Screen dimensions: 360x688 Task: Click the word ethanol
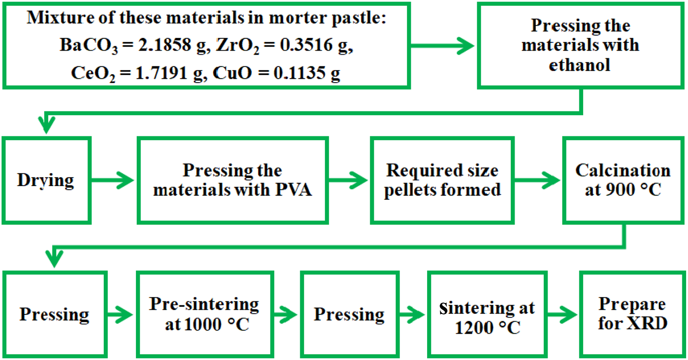pos(580,65)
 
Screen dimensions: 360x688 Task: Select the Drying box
pos(46,180)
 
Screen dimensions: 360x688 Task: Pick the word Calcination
pos(623,170)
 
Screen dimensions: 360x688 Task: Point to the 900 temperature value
pos(608,190)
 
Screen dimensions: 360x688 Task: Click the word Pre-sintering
pos(204,304)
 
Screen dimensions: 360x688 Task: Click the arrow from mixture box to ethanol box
pos(442,45)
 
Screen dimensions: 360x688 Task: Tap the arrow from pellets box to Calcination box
pos(537,180)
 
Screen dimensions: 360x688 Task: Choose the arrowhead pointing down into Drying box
pos(47,125)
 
